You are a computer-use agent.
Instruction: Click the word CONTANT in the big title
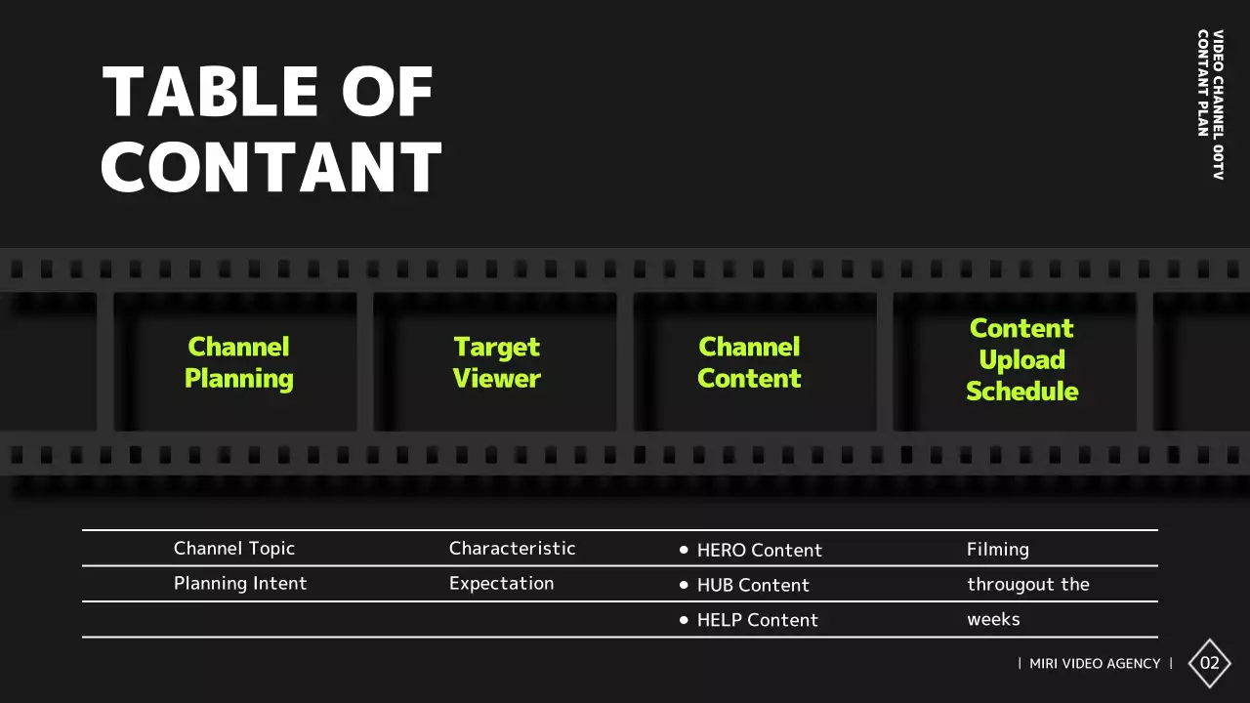coord(272,167)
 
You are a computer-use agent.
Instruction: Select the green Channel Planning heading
coord(239,362)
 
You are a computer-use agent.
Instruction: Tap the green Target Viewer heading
coord(497,362)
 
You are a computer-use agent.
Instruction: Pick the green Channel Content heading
coord(749,362)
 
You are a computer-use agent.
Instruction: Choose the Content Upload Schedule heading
coord(1021,359)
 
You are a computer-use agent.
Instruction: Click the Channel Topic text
coord(234,549)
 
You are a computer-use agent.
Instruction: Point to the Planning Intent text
coord(240,584)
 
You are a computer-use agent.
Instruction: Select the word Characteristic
coord(512,549)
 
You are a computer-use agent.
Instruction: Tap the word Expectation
coord(501,584)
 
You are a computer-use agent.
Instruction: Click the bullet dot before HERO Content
coord(684,550)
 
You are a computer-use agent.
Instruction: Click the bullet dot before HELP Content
coord(684,620)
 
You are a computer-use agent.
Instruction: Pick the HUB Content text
coord(753,585)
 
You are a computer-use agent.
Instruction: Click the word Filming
coord(998,550)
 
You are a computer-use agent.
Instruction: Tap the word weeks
coord(993,619)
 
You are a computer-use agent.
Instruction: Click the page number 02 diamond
coord(1210,664)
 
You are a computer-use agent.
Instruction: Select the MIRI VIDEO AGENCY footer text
coord(1095,664)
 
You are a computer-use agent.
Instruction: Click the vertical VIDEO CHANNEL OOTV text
coord(1218,104)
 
